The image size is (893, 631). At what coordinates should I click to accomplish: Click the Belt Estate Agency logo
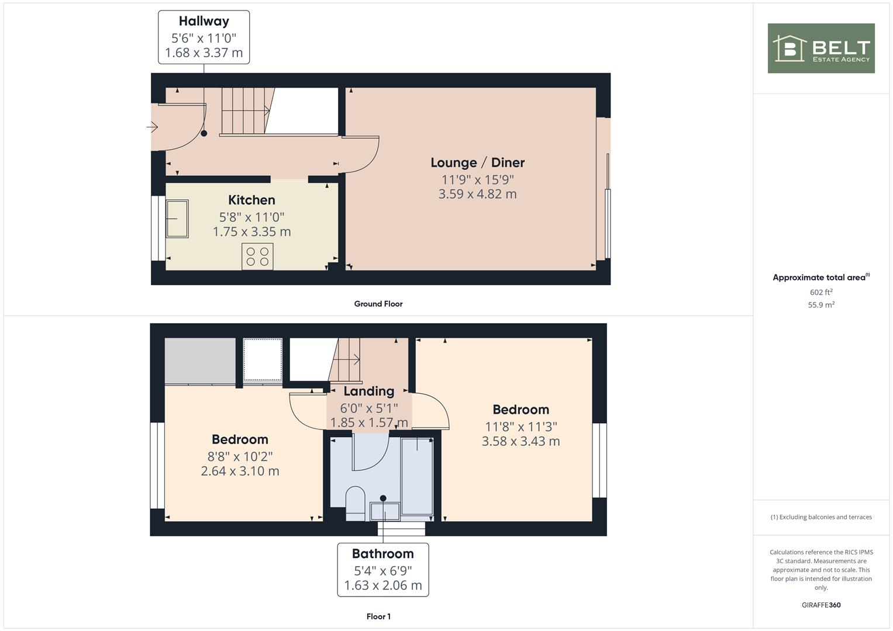820,48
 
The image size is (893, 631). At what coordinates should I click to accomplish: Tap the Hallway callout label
204,37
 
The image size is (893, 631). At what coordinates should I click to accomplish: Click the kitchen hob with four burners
257,256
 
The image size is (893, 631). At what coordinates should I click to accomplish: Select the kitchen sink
177,219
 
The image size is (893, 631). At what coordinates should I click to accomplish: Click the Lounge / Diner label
477,163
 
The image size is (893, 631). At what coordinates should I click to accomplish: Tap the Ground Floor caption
378,304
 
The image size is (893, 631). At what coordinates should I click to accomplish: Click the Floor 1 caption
378,616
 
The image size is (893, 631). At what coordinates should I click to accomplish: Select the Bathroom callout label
382,570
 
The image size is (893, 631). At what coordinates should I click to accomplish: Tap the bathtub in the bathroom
417,476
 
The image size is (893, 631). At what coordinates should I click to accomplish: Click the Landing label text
368,391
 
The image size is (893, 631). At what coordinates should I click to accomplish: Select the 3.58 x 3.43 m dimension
520,442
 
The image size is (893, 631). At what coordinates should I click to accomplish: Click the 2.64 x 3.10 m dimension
240,471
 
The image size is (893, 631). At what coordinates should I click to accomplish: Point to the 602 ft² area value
821,292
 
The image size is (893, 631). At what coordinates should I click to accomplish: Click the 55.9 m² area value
821,305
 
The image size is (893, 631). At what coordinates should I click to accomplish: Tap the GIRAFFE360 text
821,605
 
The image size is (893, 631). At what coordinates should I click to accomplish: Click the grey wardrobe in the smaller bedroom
200,361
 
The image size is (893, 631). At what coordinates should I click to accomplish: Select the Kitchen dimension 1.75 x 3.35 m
251,232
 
